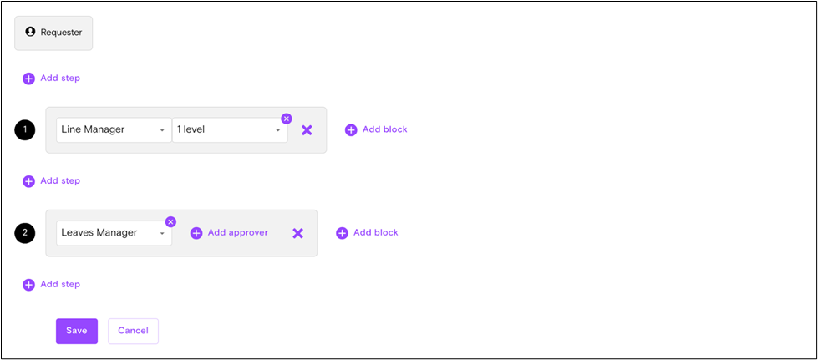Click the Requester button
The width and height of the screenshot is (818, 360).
53,33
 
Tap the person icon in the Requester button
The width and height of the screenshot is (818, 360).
31,32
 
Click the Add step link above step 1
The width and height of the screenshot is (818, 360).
52,79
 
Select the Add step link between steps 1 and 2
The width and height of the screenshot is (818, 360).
52,181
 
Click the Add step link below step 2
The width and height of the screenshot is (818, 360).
52,285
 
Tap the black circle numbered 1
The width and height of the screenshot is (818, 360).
25,130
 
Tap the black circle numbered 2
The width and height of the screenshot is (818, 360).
25,233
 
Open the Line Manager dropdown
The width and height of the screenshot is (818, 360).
114,130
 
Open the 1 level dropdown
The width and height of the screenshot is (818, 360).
230,130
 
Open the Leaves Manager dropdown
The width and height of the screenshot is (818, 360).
114,233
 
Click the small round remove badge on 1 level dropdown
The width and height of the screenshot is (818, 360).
287,119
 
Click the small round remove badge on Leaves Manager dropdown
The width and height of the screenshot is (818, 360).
170,221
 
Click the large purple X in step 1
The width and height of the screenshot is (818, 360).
307,130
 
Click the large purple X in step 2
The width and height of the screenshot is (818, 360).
297,233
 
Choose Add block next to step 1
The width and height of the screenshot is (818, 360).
376,130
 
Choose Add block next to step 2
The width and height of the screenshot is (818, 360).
367,233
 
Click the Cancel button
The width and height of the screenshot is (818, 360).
133,331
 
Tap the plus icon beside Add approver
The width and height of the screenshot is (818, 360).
196,233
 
